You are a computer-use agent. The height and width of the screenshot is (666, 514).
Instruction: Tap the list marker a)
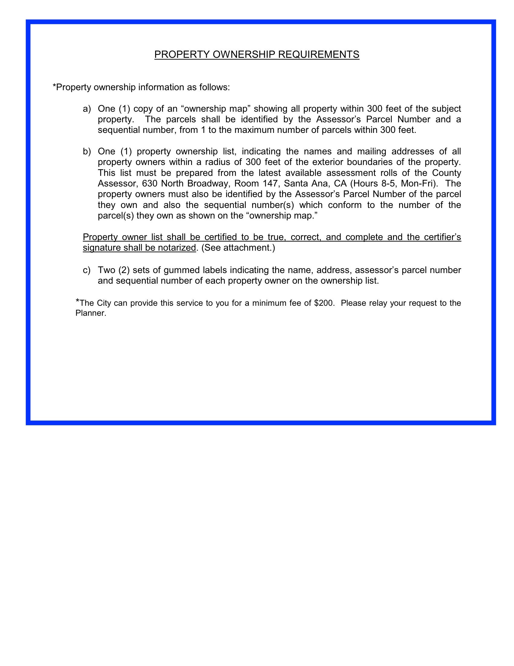pos(87,109)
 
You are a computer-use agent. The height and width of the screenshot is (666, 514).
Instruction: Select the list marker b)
pos(87,152)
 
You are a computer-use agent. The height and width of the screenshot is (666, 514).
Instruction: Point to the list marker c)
pos(87,270)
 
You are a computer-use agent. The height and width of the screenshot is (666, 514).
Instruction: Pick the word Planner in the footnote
pos(90,313)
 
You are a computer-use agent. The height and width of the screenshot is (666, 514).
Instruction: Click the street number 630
pos(149,183)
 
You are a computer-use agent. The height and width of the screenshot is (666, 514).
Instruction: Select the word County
pos(446,173)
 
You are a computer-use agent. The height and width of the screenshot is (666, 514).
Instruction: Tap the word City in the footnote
pos(104,303)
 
